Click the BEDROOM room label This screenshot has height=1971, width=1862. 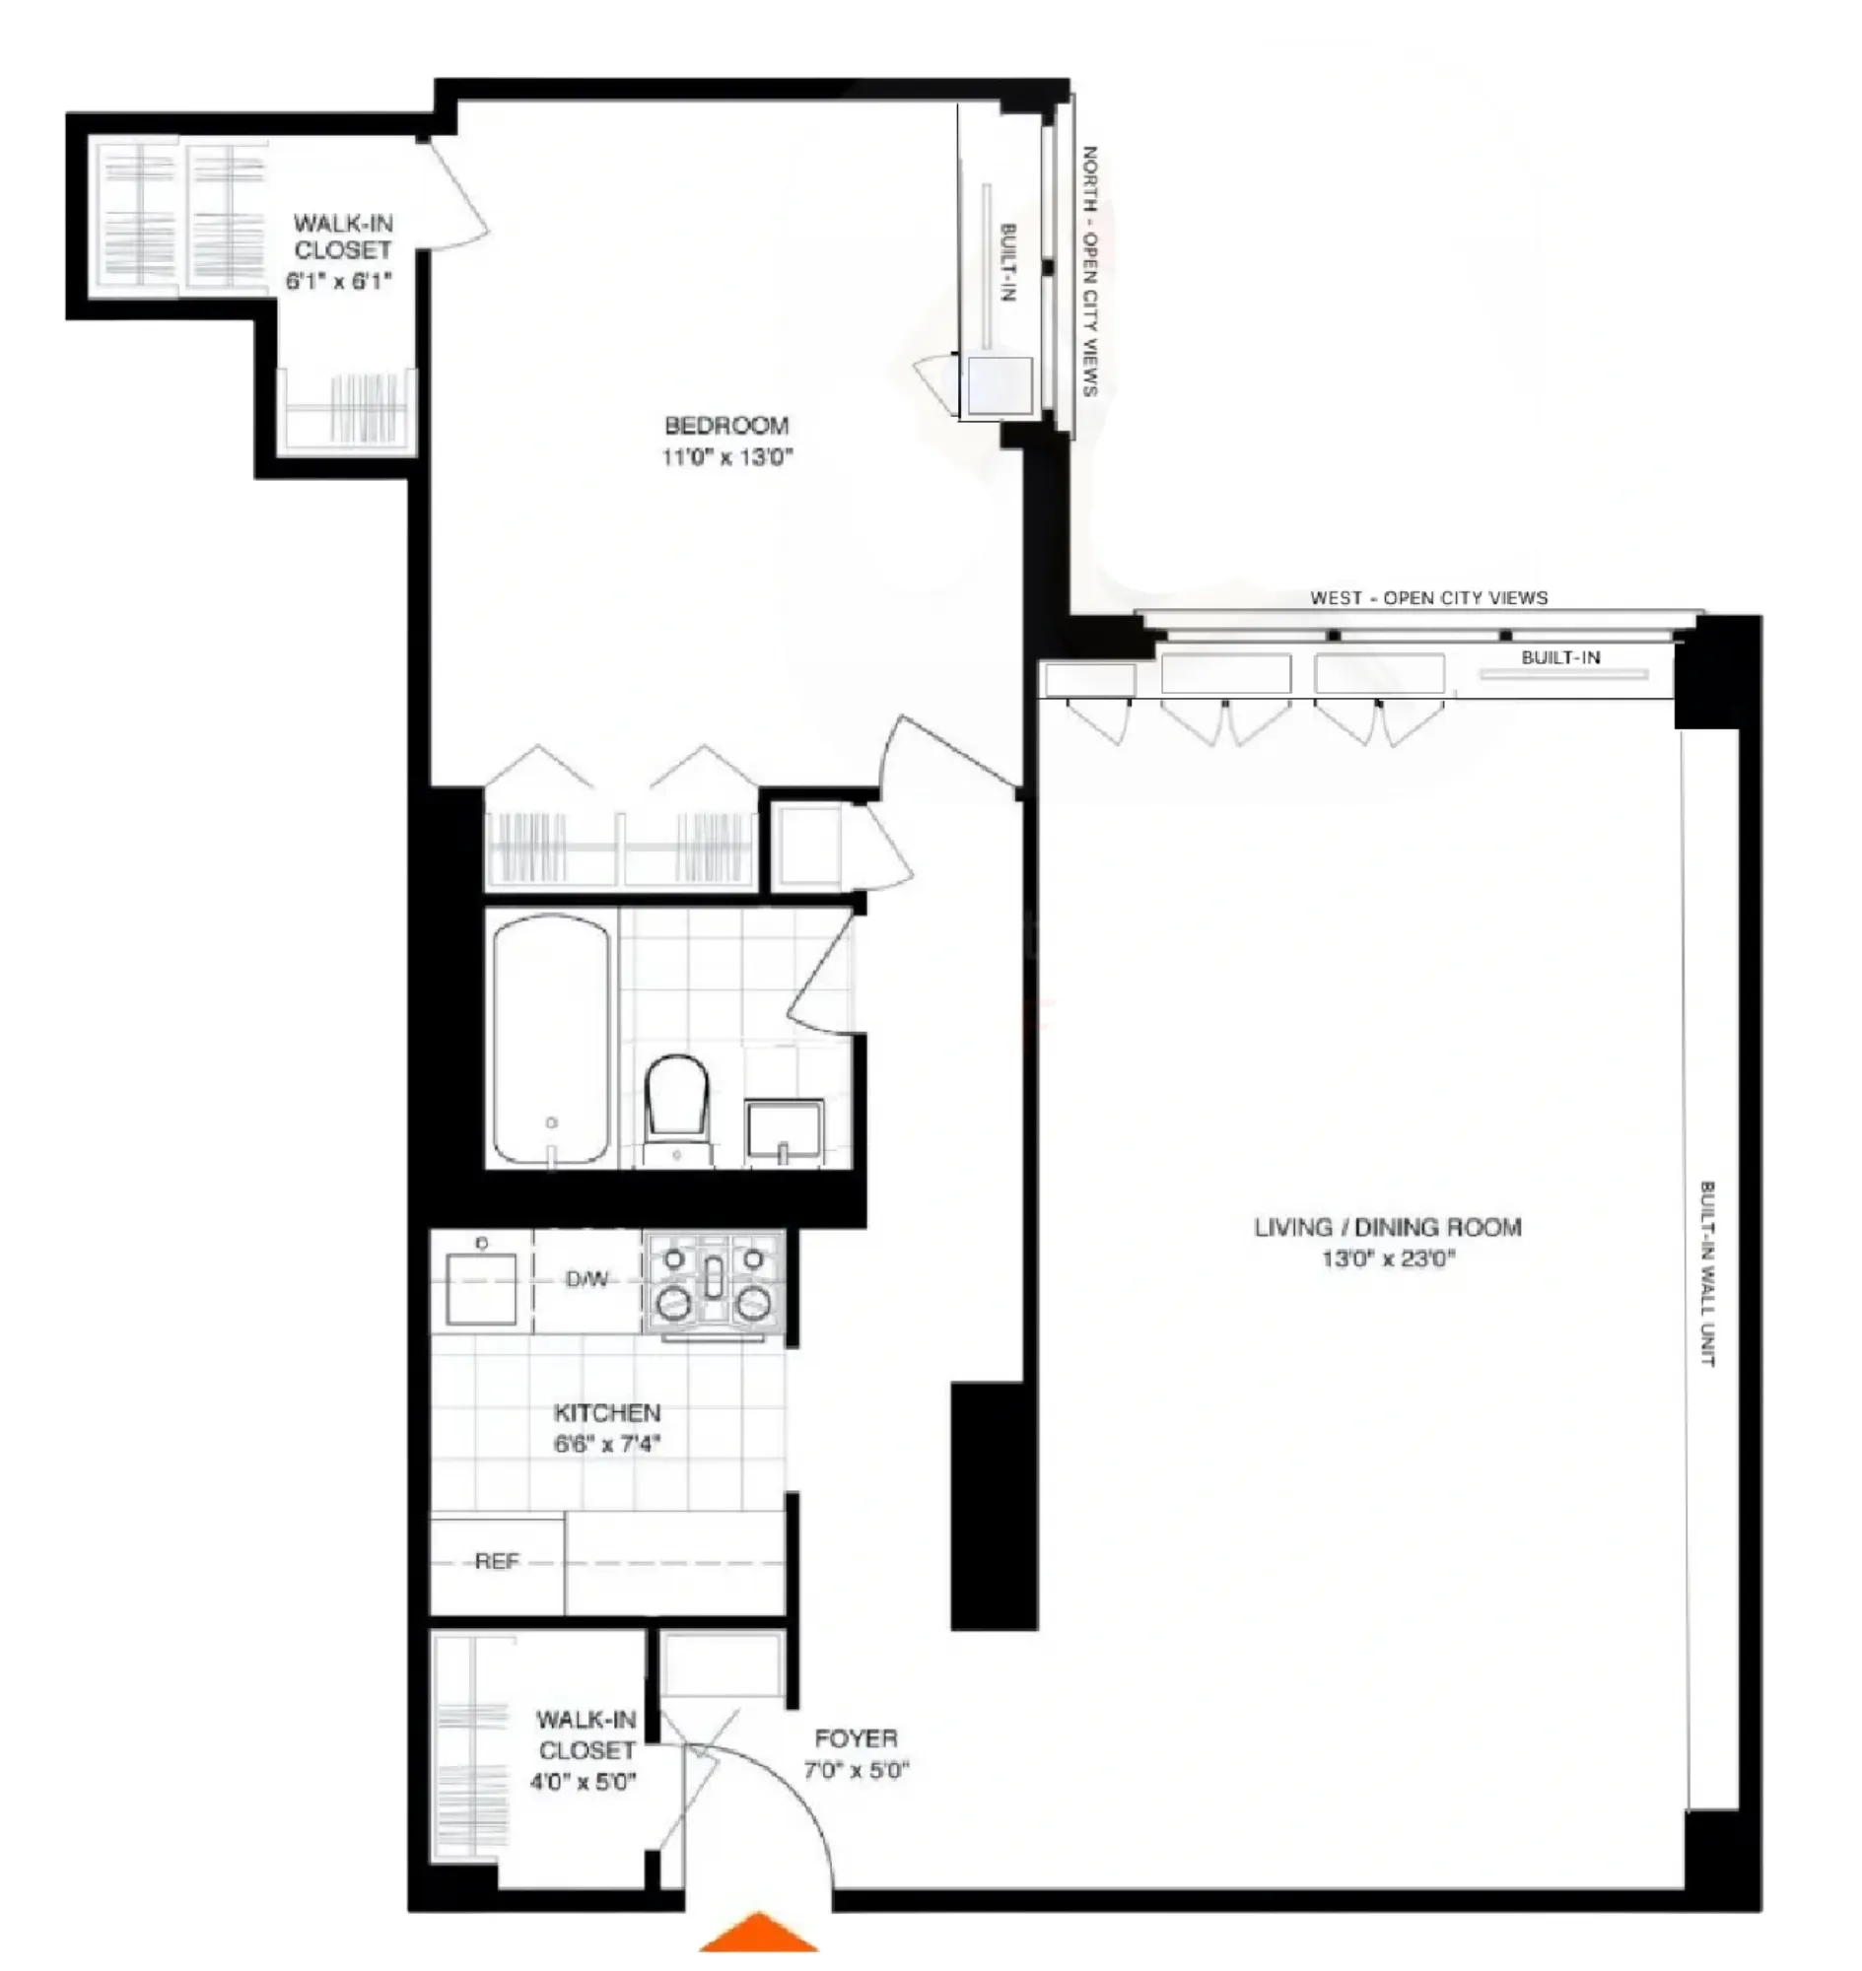(726, 426)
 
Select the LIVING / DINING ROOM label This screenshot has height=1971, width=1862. (1388, 1228)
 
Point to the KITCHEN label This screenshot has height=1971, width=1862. (606, 1412)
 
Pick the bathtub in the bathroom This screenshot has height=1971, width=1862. (551, 1039)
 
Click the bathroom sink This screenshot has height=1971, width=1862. (784, 1130)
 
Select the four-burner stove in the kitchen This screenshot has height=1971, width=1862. (714, 1281)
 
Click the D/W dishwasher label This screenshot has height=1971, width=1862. (586, 1280)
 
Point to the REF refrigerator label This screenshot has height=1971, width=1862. (496, 1562)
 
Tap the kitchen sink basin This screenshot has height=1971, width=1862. (481, 1288)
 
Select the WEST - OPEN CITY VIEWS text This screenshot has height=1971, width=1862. (1428, 597)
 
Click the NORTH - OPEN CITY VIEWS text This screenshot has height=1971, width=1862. (1089, 271)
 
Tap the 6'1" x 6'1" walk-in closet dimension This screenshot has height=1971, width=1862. (339, 281)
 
